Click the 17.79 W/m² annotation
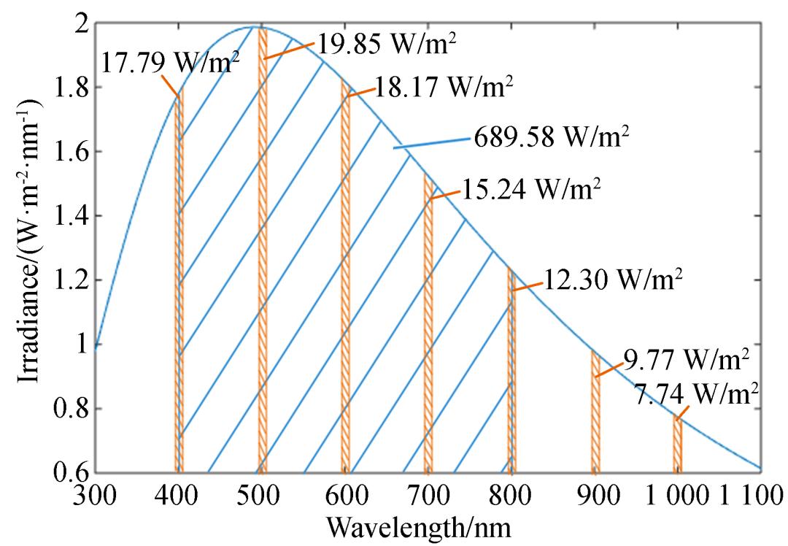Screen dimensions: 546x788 point(172,64)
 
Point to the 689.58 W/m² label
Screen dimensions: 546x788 point(551,136)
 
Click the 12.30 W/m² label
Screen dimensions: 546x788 point(614,279)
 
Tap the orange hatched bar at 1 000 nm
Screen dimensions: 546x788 point(678,445)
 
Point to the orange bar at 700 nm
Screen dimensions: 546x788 point(428,328)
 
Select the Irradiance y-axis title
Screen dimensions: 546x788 point(29,248)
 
